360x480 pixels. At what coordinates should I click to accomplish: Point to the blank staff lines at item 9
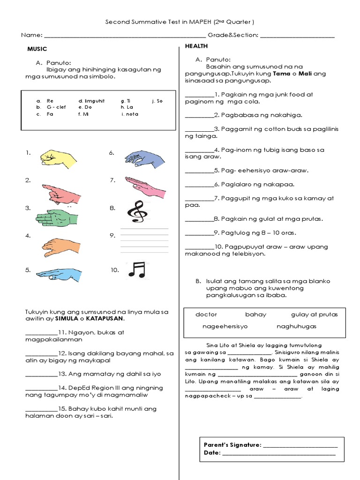[x=144, y=240]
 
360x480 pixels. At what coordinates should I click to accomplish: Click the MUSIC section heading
[x=37, y=49]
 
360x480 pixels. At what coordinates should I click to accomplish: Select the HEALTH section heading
[x=196, y=46]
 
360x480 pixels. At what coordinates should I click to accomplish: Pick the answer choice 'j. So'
[x=157, y=101]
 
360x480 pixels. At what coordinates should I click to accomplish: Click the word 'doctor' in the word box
[x=206, y=315]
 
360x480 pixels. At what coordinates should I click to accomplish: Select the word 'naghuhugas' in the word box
[x=296, y=326]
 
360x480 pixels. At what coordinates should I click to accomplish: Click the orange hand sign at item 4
[x=60, y=247]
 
